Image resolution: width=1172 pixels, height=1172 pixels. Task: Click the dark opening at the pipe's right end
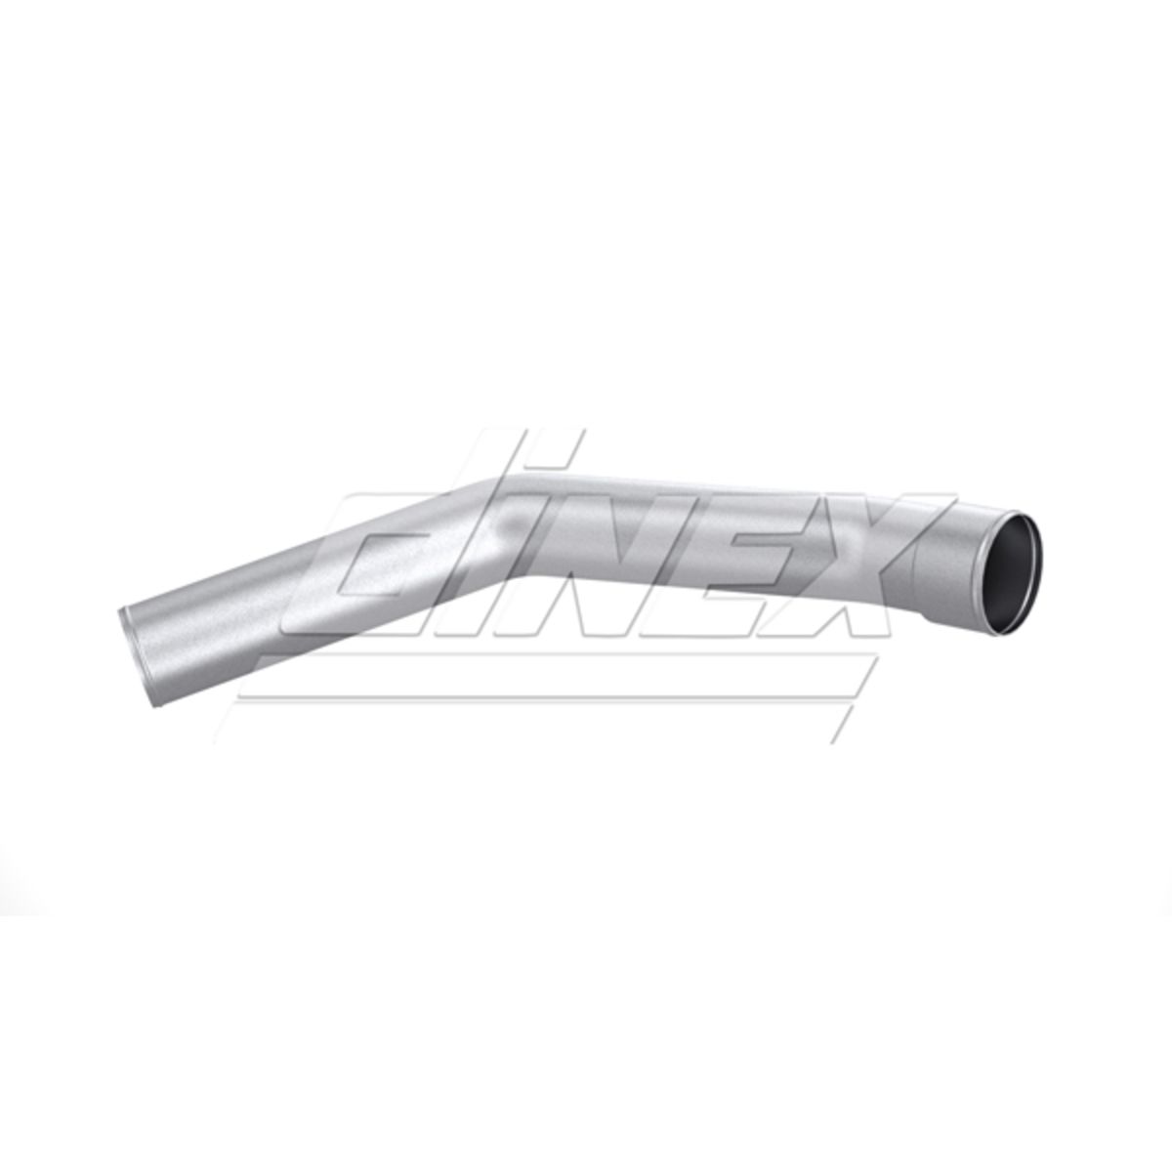click(x=1011, y=568)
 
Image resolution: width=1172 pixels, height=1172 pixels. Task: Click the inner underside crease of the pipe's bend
click(x=516, y=578)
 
